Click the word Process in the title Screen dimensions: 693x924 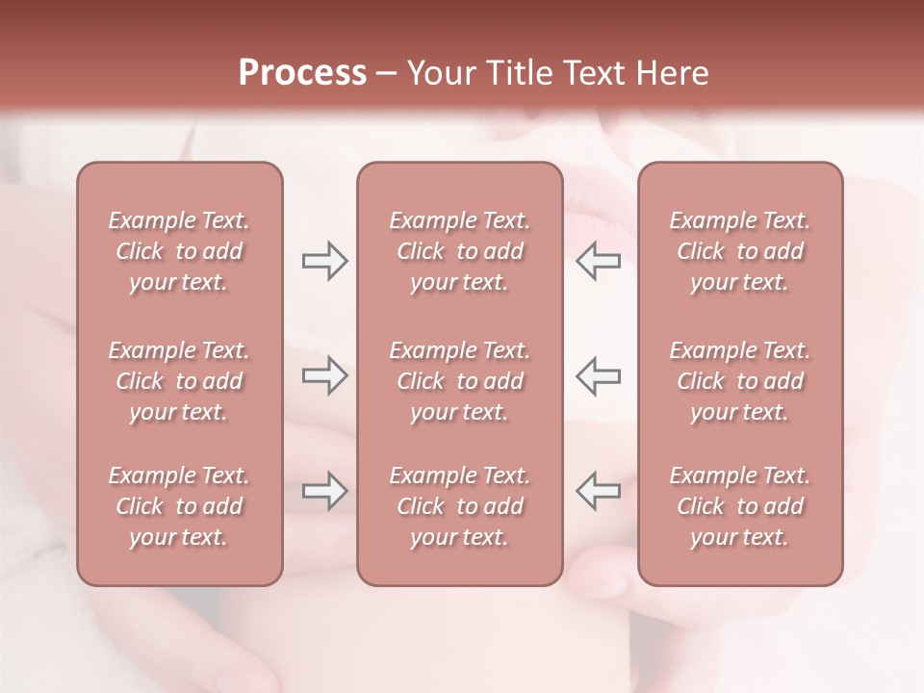click(302, 73)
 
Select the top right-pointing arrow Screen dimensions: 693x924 click(324, 261)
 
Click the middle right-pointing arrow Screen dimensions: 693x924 click(324, 375)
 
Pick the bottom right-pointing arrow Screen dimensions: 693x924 click(324, 491)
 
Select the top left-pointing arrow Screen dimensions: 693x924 click(599, 261)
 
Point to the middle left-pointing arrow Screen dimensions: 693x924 click(599, 375)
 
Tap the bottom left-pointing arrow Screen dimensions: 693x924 click(599, 491)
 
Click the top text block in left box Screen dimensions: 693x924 click(179, 251)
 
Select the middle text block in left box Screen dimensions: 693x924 click(179, 381)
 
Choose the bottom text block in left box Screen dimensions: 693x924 click(179, 506)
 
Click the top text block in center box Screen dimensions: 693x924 click(460, 251)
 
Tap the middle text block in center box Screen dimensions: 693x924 click(460, 381)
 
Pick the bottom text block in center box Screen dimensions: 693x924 click(460, 506)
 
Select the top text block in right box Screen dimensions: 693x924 click(740, 251)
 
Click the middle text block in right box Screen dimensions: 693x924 click(740, 381)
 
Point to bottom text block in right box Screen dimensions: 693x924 click(740, 506)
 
